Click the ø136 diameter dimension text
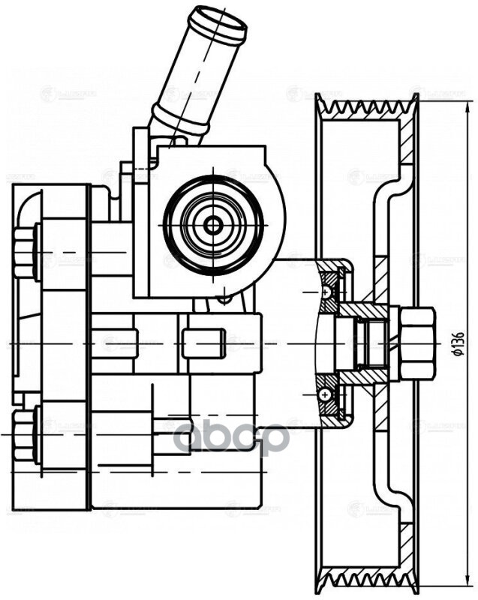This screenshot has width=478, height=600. [x=459, y=343]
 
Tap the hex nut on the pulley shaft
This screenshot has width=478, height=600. [x=417, y=343]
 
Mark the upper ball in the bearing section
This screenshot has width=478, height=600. [x=326, y=290]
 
